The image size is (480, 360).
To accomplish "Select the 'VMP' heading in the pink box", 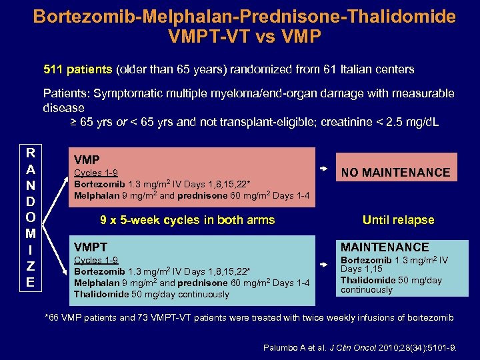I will tap(87, 160).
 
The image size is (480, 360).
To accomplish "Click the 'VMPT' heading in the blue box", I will tap(91, 247).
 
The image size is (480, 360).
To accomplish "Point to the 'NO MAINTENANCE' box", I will tap(396, 173).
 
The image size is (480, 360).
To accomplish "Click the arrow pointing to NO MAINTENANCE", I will tap(325, 169).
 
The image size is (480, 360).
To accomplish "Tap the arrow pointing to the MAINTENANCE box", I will tap(325, 265).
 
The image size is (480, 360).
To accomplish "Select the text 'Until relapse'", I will tap(398, 220).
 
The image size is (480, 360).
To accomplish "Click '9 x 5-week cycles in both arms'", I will tap(187, 220).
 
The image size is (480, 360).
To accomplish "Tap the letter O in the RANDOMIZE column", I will tap(30, 217).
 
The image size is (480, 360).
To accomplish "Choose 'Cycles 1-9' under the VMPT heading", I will tap(96, 260).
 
